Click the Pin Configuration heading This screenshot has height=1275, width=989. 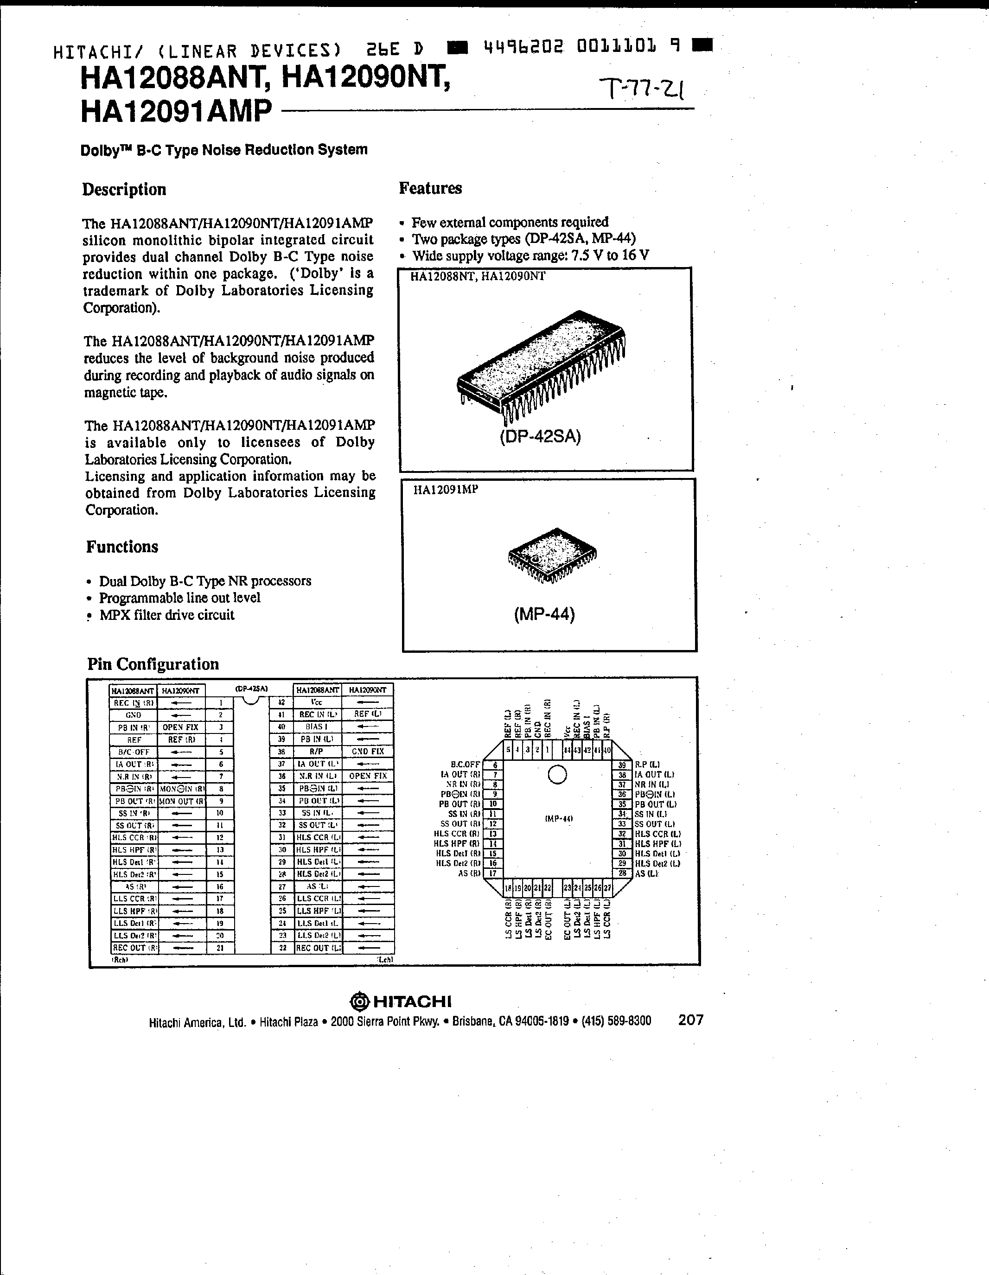153,664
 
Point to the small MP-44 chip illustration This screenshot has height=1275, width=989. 552,555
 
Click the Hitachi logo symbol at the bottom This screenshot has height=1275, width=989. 360,1002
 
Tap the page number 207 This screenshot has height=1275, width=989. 691,1020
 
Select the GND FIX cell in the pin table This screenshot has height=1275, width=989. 368,752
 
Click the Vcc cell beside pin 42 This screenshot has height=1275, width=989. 316,702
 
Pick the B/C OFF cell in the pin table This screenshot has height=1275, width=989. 134,752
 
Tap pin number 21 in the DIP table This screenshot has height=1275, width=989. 220,948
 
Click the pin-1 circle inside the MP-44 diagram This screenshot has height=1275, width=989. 557,774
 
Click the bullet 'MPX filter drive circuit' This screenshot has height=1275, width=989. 166,615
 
